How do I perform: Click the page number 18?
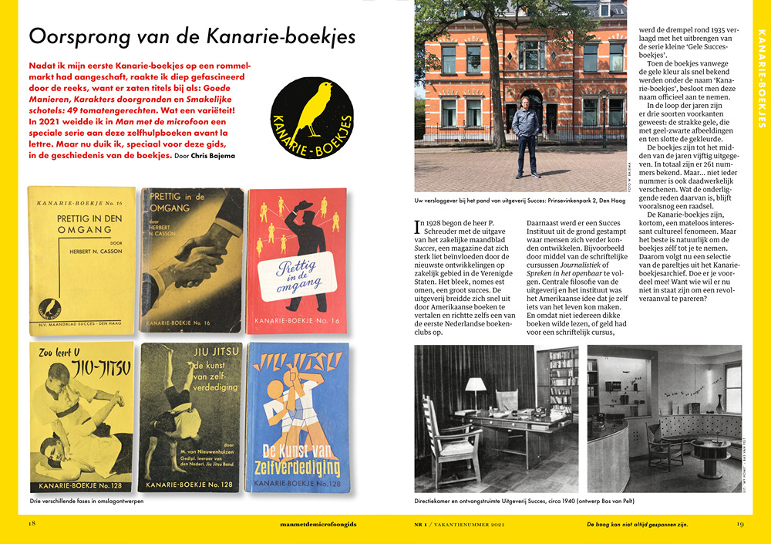[32, 525]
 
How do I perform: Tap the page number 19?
[739, 525]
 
